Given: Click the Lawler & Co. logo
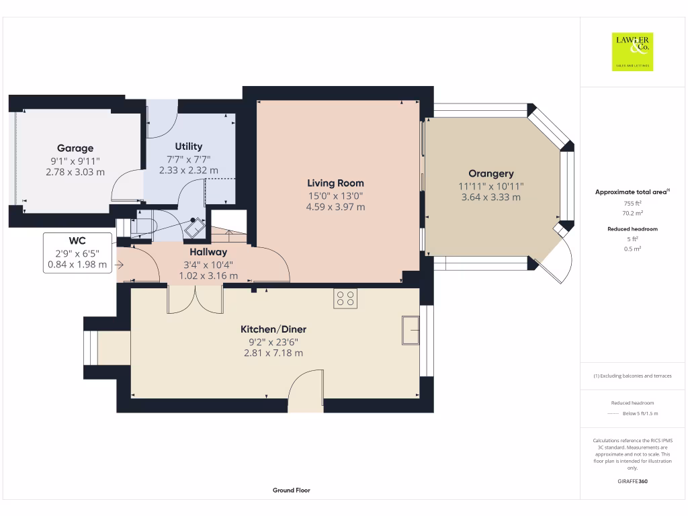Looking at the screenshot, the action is pyautogui.click(x=632, y=52).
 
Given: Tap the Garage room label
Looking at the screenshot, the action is pyautogui.click(x=75, y=148).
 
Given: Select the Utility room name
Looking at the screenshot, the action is pyautogui.click(x=189, y=146).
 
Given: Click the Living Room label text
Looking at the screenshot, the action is pyautogui.click(x=336, y=183).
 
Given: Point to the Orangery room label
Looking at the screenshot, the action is pyautogui.click(x=491, y=174).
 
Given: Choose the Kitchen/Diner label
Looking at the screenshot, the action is pyautogui.click(x=273, y=329).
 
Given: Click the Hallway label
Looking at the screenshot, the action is pyautogui.click(x=208, y=252).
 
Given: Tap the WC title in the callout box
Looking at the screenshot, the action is pyautogui.click(x=77, y=241).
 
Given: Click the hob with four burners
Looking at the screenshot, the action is pyautogui.click(x=345, y=298).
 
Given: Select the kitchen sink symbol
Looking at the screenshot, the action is pyautogui.click(x=411, y=331).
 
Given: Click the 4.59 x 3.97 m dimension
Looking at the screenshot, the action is pyautogui.click(x=336, y=207).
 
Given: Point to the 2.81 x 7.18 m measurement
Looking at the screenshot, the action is pyautogui.click(x=273, y=353).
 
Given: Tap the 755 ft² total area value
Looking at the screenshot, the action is pyautogui.click(x=633, y=203).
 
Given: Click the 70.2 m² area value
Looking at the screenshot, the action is pyautogui.click(x=633, y=213).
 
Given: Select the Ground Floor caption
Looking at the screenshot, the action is pyautogui.click(x=292, y=490).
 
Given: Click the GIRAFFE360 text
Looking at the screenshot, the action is pyautogui.click(x=633, y=481).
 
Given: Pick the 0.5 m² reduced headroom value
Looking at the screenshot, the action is pyautogui.click(x=633, y=249).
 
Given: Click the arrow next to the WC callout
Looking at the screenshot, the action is pyautogui.click(x=120, y=265).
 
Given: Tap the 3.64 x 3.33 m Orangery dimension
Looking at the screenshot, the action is pyautogui.click(x=491, y=198).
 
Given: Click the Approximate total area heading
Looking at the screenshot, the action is pyautogui.click(x=633, y=191).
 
